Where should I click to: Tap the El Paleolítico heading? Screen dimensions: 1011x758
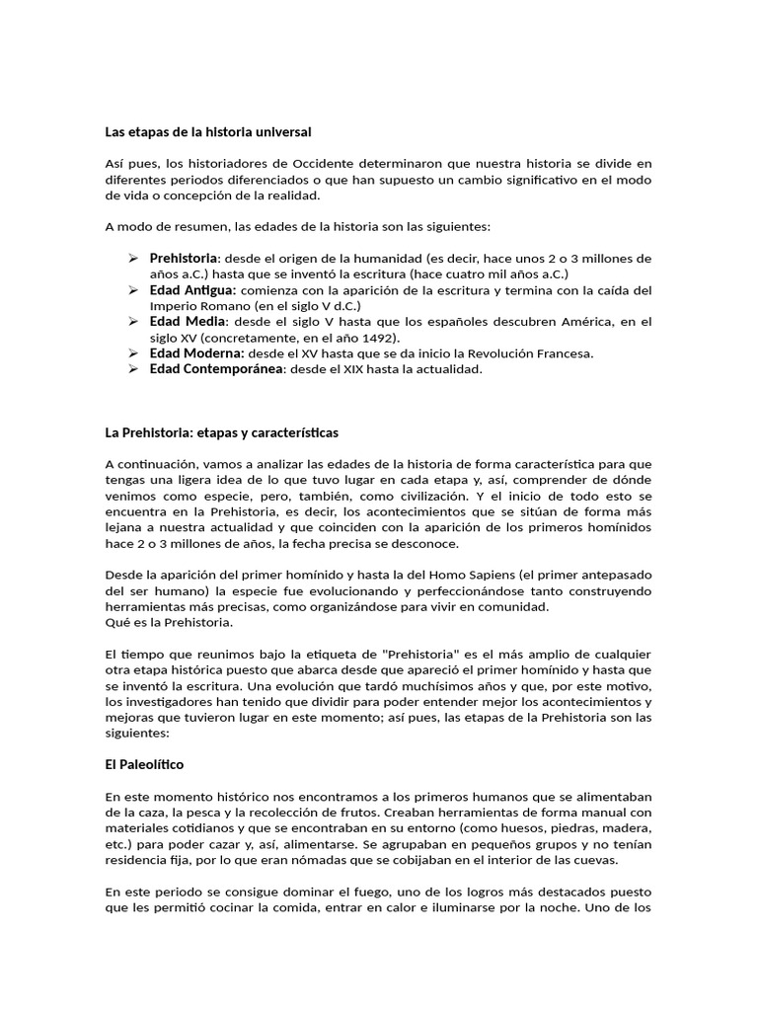tap(144, 764)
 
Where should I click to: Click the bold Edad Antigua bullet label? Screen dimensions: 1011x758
tap(192, 290)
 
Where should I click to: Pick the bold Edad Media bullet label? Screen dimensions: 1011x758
tap(188, 322)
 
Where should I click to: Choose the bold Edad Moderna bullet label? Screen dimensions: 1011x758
tap(196, 352)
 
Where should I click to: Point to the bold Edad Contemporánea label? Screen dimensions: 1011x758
tap(216, 368)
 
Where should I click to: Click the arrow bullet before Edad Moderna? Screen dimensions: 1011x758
tap(134, 352)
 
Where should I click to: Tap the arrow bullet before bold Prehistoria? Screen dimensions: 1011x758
tap(134, 258)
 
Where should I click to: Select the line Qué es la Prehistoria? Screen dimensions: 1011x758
tap(170, 622)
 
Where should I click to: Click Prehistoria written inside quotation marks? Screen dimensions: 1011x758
tap(421, 654)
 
